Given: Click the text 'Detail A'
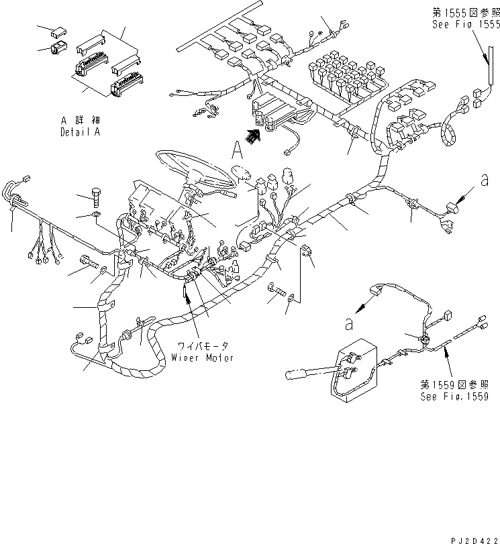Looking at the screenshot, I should click(80, 133).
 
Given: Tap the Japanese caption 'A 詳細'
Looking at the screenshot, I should click(79, 121).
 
